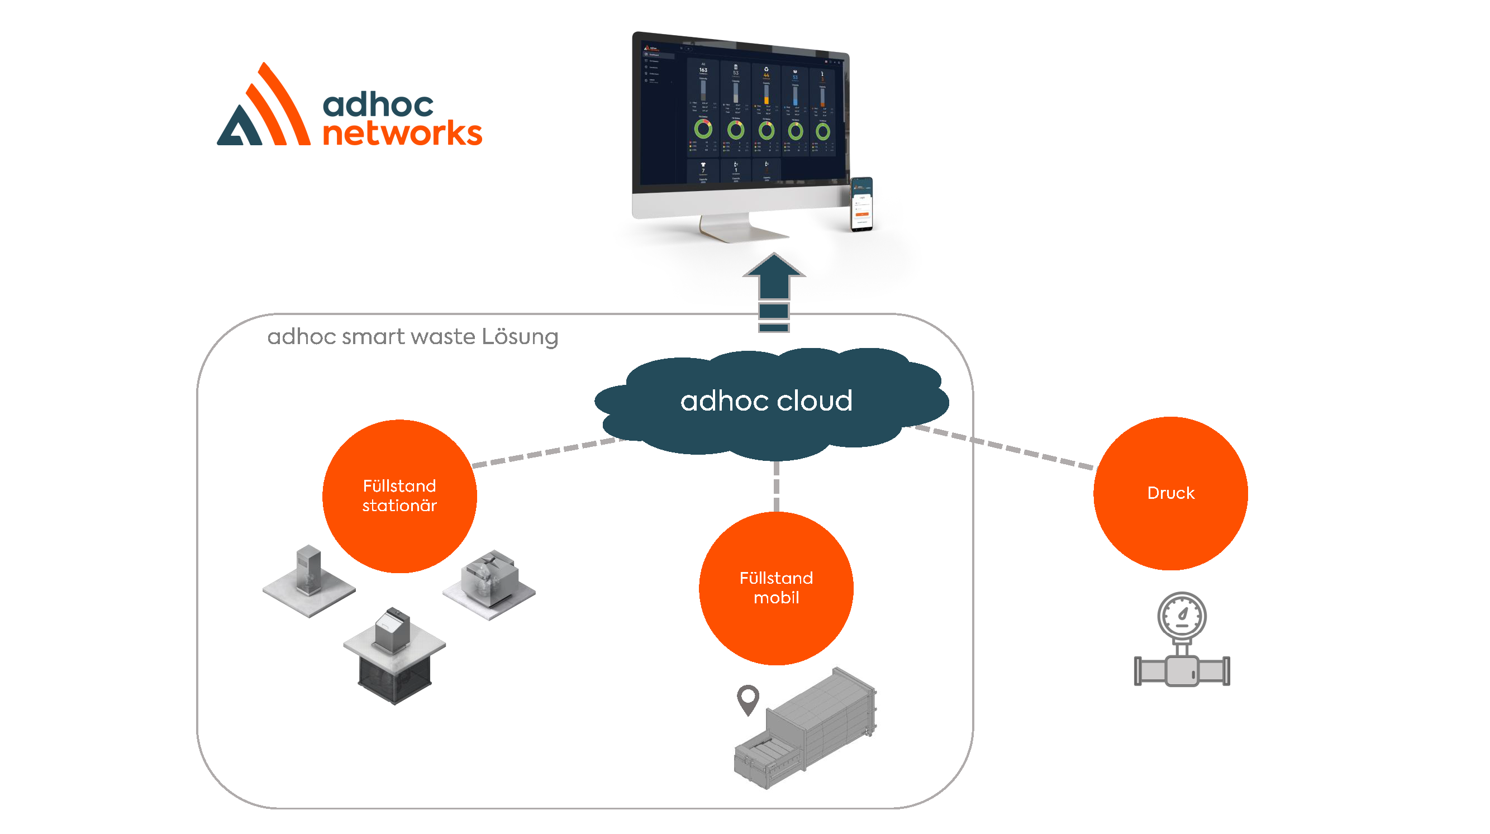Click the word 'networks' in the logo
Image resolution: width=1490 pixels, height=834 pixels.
[x=402, y=134]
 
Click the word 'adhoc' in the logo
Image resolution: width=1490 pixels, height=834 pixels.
[x=378, y=104]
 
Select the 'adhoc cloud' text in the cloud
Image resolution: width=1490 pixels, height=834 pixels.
[x=766, y=401]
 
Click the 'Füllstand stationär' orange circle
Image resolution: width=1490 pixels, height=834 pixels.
[x=399, y=495]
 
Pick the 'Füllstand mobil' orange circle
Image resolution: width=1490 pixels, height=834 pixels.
[x=775, y=588]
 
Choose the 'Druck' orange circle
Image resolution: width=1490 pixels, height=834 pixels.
[x=1169, y=493]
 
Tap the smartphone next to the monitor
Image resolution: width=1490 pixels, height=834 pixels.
[x=861, y=203]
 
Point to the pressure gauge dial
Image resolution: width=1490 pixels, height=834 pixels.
[x=1181, y=616]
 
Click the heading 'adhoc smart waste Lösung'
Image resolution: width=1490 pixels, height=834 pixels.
[x=412, y=337]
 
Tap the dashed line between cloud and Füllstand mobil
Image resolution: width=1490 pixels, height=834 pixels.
[x=775, y=486]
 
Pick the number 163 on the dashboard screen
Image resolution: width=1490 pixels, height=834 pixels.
[x=703, y=70]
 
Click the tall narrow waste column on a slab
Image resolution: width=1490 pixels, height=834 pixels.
[x=308, y=573]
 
